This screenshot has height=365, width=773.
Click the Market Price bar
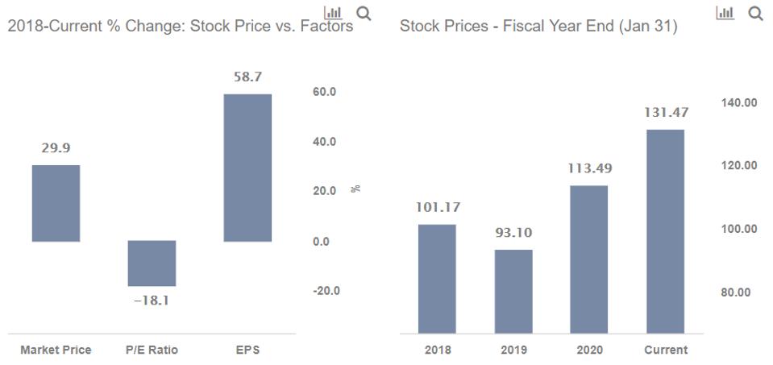[56, 203]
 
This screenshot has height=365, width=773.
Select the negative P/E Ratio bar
[152, 263]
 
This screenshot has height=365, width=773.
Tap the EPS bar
[247, 168]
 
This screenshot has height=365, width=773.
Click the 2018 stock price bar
[437, 278]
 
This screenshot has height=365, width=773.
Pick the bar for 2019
[513, 291]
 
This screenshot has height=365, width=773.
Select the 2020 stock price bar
[589, 259]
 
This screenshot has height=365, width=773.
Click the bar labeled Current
[665, 230]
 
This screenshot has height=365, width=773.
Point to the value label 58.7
[247, 77]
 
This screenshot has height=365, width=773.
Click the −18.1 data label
[152, 301]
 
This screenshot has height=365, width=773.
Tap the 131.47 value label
[666, 113]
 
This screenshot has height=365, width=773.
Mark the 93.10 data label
[513, 233]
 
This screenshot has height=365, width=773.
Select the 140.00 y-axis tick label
[739, 102]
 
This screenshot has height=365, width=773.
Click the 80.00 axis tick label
[739, 292]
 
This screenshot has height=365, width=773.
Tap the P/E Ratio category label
[152, 350]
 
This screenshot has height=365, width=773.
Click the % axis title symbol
[355, 189]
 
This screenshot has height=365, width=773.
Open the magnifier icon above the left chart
[364, 13]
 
